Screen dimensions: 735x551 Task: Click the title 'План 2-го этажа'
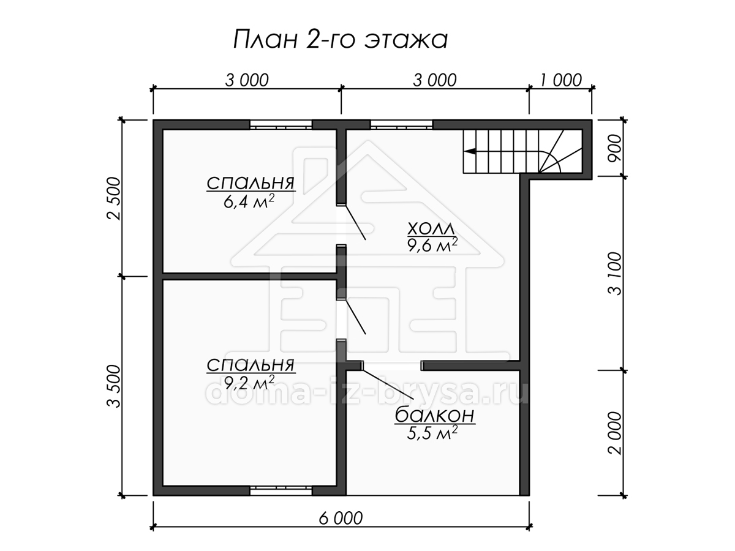pos(340,39)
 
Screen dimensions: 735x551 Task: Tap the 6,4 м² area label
pos(249,201)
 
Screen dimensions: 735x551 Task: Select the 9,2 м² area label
pos(249,383)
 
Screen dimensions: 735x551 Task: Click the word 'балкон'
pos(435,415)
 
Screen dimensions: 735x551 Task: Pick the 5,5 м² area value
pos(432,433)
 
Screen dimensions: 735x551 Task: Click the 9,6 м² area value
pos(432,246)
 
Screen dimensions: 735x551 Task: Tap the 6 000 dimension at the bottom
pos(341,518)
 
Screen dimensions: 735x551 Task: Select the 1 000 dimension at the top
pos(561,80)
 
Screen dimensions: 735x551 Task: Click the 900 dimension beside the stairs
pos(614,148)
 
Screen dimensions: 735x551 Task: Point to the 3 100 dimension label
pos(614,273)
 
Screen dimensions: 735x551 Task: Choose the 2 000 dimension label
pos(614,433)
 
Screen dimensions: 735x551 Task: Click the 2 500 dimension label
pos(113,198)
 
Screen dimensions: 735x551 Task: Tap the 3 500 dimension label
pos(113,386)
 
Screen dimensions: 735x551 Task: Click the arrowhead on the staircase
pos(470,151)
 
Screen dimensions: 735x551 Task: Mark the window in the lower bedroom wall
pos(281,490)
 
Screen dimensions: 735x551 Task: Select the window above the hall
pos(401,125)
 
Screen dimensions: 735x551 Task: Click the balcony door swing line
pos(388,384)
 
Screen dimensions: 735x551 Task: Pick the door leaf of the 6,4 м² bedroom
pos(356,222)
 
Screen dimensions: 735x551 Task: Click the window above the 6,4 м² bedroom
pos(281,125)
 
